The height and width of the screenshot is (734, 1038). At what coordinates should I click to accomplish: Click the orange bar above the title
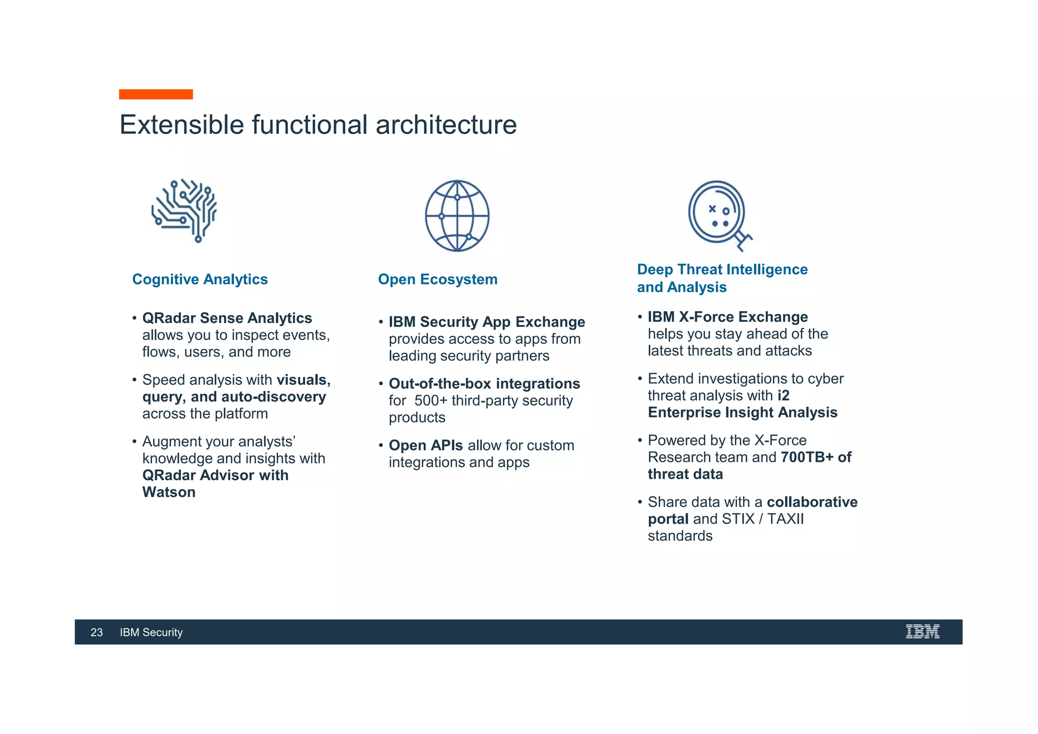pos(156,94)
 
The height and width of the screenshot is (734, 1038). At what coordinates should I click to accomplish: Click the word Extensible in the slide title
pos(181,125)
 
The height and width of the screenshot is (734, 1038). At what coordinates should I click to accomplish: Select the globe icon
pos(457,216)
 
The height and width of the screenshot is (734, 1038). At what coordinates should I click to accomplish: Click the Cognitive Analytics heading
pos(200,279)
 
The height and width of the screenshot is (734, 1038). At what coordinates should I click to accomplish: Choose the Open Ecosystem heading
pos(437,279)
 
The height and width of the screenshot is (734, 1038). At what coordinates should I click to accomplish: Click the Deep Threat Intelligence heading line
pos(722,269)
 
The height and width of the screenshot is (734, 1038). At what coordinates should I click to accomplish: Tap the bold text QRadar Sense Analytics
pos(227,318)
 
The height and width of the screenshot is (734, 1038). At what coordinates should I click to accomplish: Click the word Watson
pos(169,492)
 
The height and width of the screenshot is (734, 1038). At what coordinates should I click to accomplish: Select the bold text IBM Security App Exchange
pos(487,322)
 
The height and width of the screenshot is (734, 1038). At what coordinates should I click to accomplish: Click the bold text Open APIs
pos(425,445)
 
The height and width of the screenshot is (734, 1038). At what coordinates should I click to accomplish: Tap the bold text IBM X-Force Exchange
pos(728,317)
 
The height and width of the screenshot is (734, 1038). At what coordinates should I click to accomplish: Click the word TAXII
pos(785,519)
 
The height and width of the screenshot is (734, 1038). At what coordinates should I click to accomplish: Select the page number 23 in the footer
pos(96,632)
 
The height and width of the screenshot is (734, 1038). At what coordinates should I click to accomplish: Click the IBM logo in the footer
pos(922,632)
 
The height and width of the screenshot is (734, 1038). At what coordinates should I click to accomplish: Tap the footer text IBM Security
pos(151,632)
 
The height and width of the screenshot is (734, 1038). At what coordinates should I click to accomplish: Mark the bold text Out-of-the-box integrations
pos(484,384)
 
